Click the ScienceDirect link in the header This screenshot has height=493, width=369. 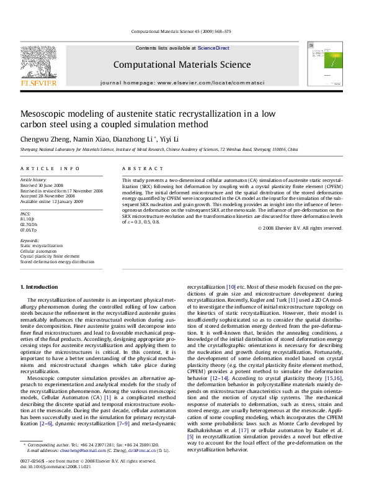[x=213, y=48]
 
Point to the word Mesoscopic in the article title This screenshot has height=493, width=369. [x=48, y=114]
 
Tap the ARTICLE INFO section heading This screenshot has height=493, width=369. [x=50, y=168]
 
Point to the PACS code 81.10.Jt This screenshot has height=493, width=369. [x=28, y=219]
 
